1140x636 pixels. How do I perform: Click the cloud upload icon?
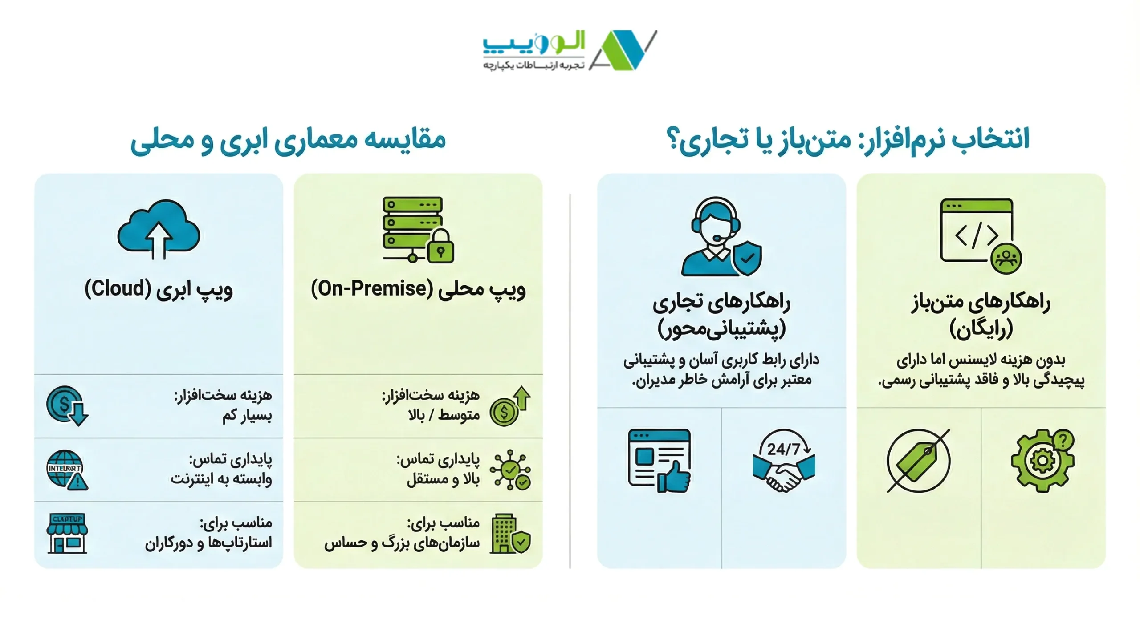[159, 229]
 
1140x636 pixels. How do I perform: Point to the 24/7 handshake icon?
[784, 461]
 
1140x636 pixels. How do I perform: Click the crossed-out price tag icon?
[918, 461]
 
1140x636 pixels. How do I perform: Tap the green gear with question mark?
[1043, 461]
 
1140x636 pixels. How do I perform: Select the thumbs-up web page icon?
[659, 461]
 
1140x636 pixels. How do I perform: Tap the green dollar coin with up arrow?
[510, 406]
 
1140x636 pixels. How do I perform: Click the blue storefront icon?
[67, 533]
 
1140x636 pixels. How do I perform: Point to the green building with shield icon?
[510, 534]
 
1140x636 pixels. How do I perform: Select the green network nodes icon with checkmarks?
[510, 470]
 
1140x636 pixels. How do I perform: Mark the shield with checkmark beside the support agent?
[747, 258]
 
